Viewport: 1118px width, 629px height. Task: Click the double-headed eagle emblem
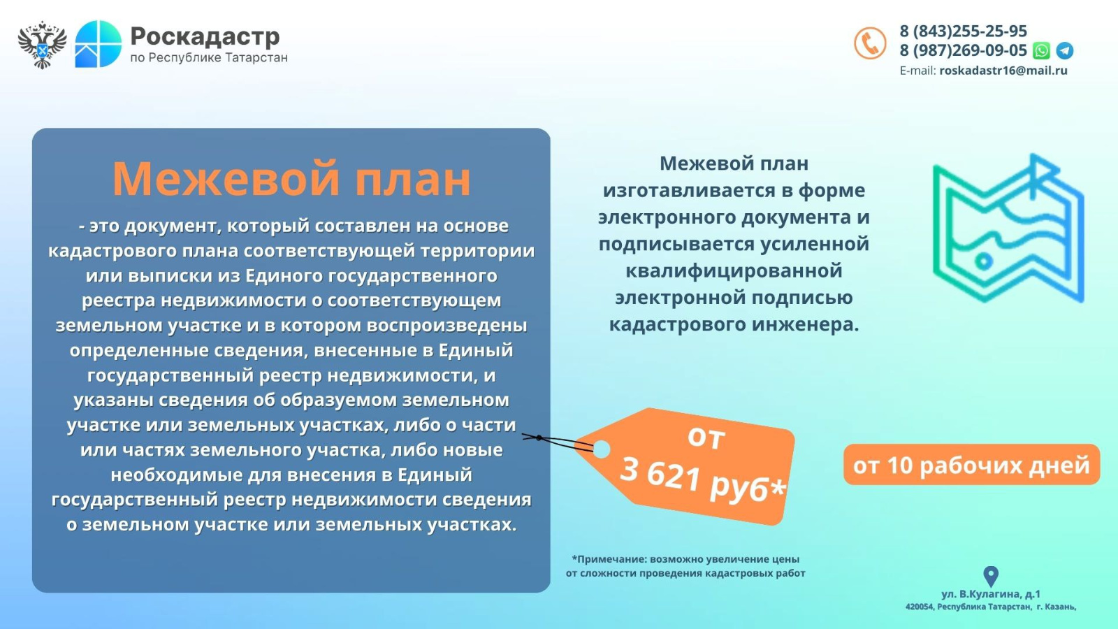tap(43, 45)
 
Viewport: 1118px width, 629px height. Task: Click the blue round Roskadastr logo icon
tap(99, 44)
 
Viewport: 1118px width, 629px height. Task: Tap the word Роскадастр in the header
tap(205, 36)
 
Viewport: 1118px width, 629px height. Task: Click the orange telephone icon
tap(870, 43)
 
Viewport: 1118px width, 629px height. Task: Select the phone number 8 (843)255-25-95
tap(964, 31)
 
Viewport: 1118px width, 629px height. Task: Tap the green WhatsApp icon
tap(1041, 50)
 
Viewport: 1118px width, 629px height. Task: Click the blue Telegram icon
tap(1065, 50)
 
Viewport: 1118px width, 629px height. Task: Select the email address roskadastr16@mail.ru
tap(1003, 71)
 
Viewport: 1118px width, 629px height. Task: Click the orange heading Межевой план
tap(291, 178)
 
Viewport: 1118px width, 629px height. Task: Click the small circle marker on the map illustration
tap(984, 261)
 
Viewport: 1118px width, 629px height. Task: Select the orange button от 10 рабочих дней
tap(971, 465)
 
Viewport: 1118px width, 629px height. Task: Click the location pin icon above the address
tap(991, 577)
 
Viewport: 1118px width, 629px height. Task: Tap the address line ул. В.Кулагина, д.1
tap(991, 594)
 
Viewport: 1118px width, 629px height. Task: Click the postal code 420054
tap(919, 607)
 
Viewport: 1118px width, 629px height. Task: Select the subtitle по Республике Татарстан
tap(209, 58)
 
